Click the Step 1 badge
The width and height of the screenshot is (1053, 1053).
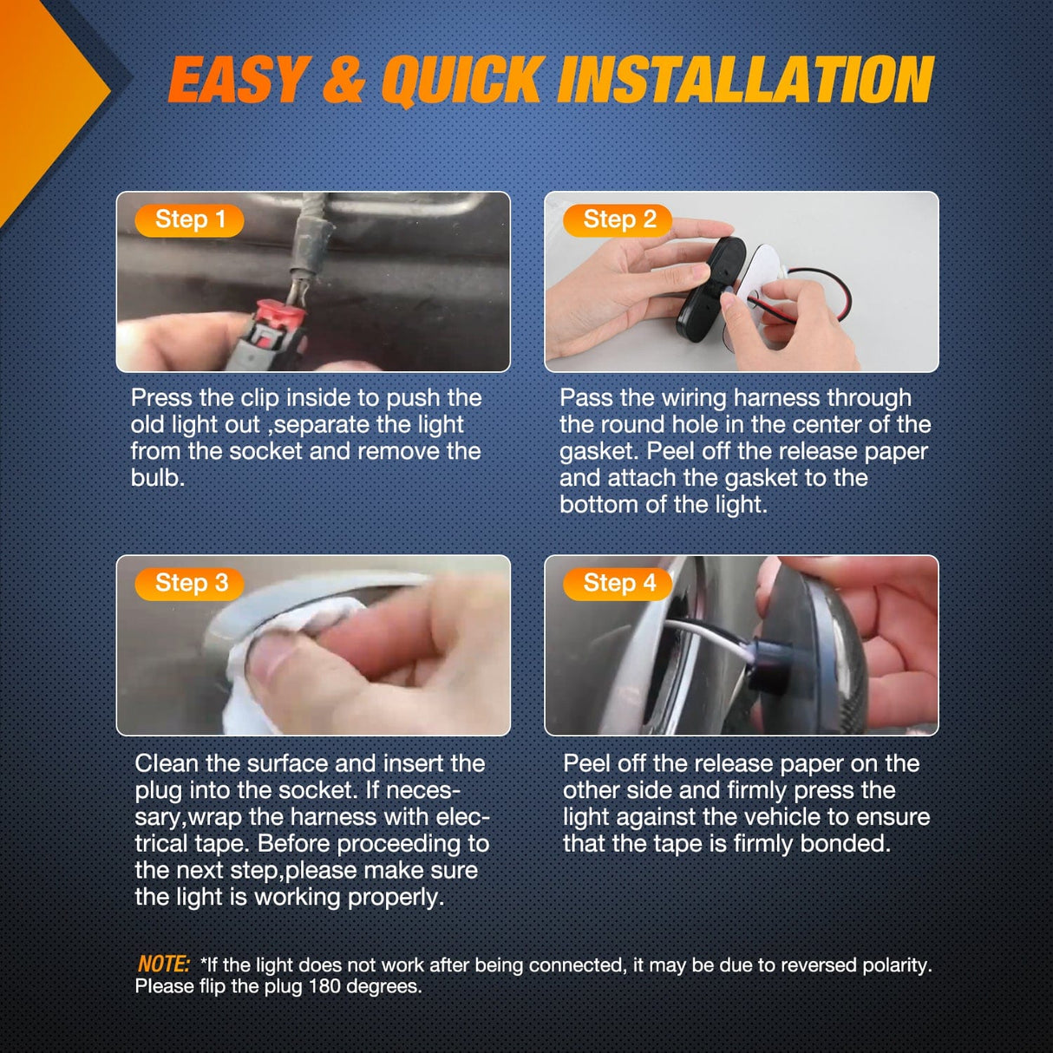coord(189,220)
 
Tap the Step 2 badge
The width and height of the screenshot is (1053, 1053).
coord(618,220)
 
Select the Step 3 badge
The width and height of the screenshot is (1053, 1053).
coord(189,584)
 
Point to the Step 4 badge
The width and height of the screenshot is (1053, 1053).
coord(618,584)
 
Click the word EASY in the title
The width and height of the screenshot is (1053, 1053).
coord(237,80)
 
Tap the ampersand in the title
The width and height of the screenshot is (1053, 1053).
coord(343,80)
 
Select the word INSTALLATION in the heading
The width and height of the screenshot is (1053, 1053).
coord(745,80)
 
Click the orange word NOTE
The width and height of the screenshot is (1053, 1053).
coord(163,964)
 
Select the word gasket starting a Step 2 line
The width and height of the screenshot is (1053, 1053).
coord(598,451)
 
